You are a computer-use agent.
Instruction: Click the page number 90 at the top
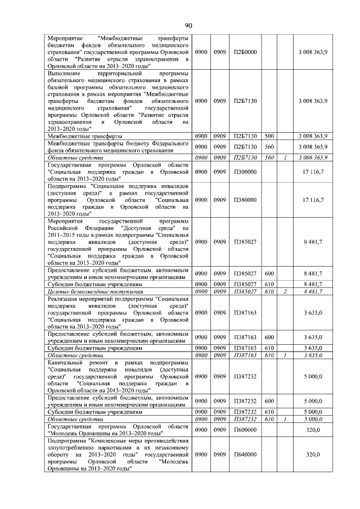188,25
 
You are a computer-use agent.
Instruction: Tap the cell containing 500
269,136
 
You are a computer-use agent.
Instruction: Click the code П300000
245,172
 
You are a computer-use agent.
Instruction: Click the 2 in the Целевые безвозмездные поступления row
285,292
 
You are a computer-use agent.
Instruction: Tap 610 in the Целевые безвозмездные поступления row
269,292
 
